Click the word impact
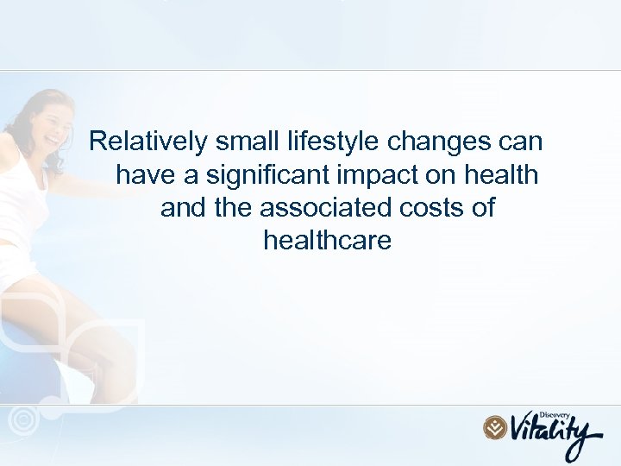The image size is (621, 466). click(x=369, y=176)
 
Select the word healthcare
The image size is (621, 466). click(x=327, y=241)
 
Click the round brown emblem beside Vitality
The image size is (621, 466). click(x=495, y=427)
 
